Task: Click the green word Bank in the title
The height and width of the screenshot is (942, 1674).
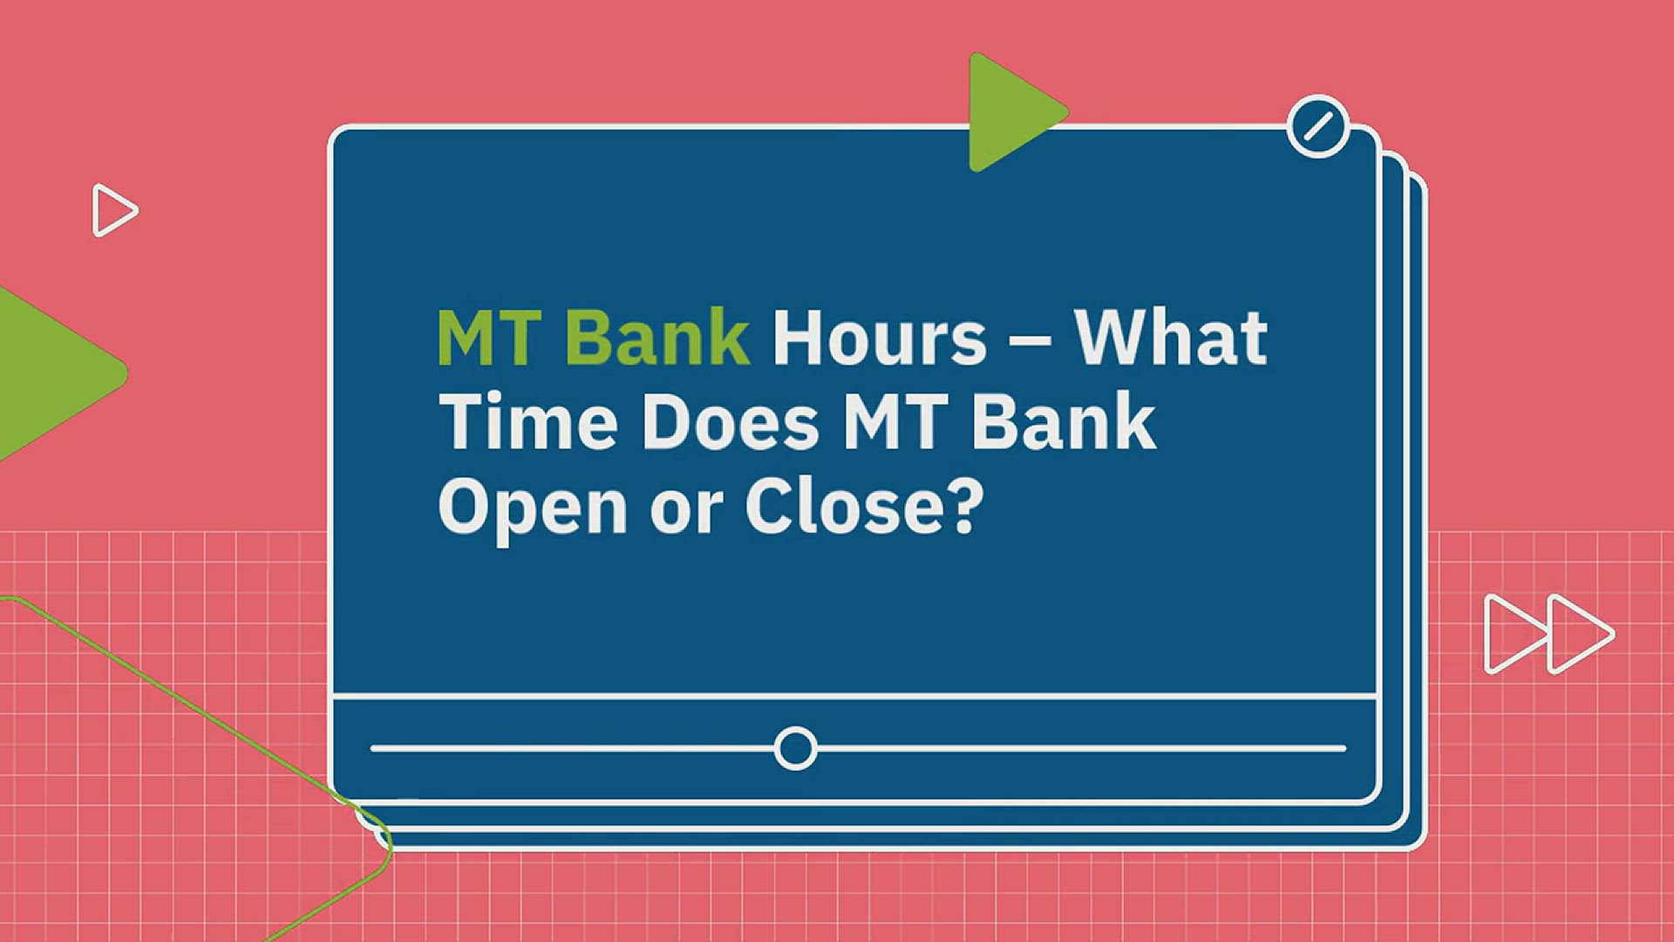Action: point(657,338)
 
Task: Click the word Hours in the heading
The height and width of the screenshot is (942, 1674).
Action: point(880,338)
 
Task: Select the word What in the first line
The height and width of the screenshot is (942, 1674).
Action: point(1170,338)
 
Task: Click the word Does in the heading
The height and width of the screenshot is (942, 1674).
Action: point(731,422)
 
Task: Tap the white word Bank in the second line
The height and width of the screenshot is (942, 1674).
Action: point(1064,422)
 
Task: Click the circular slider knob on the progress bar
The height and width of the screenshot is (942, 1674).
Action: point(795,748)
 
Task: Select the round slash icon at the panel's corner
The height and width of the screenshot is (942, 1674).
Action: point(1317,126)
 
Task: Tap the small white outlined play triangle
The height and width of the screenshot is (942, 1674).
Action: point(113,210)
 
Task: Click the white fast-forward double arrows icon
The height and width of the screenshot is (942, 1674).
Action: point(1548,634)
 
